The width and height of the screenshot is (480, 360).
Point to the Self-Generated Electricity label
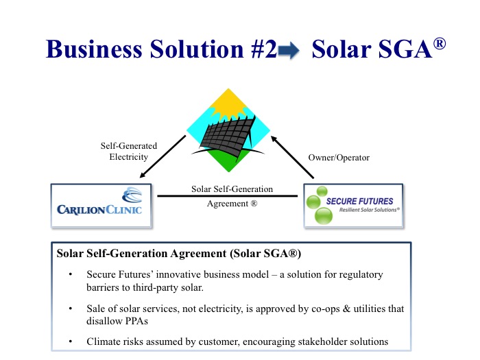[129, 151]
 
